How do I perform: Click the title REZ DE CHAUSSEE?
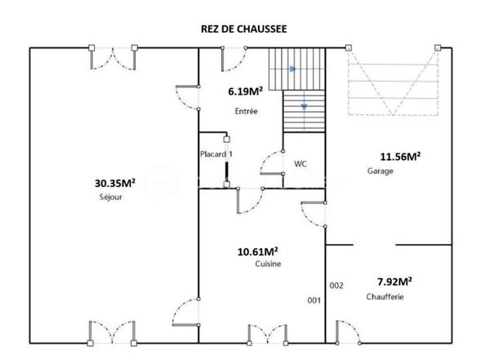[243, 29]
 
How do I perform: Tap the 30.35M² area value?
[115, 184]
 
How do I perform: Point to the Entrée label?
[246, 111]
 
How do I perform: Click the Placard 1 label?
[217, 153]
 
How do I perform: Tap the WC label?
[301, 163]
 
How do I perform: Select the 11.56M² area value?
[400, 157]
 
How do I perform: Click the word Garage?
[381, 171]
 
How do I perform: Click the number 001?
[314, 301]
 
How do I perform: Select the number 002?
[336, 285]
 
